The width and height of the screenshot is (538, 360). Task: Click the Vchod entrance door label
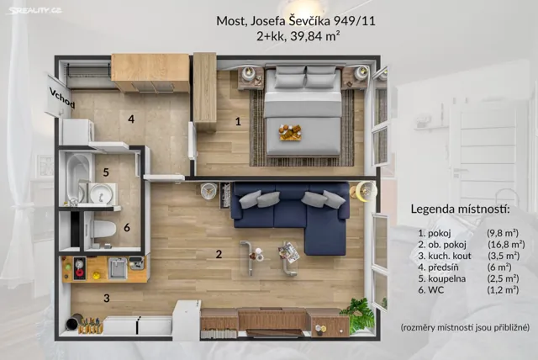(x=61, y=98)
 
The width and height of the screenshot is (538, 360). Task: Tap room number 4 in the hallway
(x=131, y=119)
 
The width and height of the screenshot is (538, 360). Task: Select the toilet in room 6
(x=103, y=229)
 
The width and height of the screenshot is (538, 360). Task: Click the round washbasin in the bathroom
(x=101, y=193)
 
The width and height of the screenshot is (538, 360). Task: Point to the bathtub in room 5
(x=79, y=177)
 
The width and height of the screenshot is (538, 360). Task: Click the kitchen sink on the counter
(x=118, y=267)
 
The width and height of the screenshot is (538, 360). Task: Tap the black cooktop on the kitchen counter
(x=80, y=268)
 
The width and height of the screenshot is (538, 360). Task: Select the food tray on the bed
(x=290, y=132)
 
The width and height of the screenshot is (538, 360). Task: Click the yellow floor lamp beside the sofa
(x=366, y=190)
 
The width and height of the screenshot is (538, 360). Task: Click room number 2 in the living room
(x=219, y=254)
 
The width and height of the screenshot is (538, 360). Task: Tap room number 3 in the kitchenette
(x=107, y=298)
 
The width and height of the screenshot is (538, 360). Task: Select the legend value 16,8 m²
(x=506, y=245)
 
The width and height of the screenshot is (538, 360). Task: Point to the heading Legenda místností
(x=460, y=209)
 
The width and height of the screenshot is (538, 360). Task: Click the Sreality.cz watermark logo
(x=34, y=10)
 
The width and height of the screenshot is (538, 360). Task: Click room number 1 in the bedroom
(x=238, y=121)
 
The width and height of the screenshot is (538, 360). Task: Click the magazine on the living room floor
(x=289, y=252)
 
